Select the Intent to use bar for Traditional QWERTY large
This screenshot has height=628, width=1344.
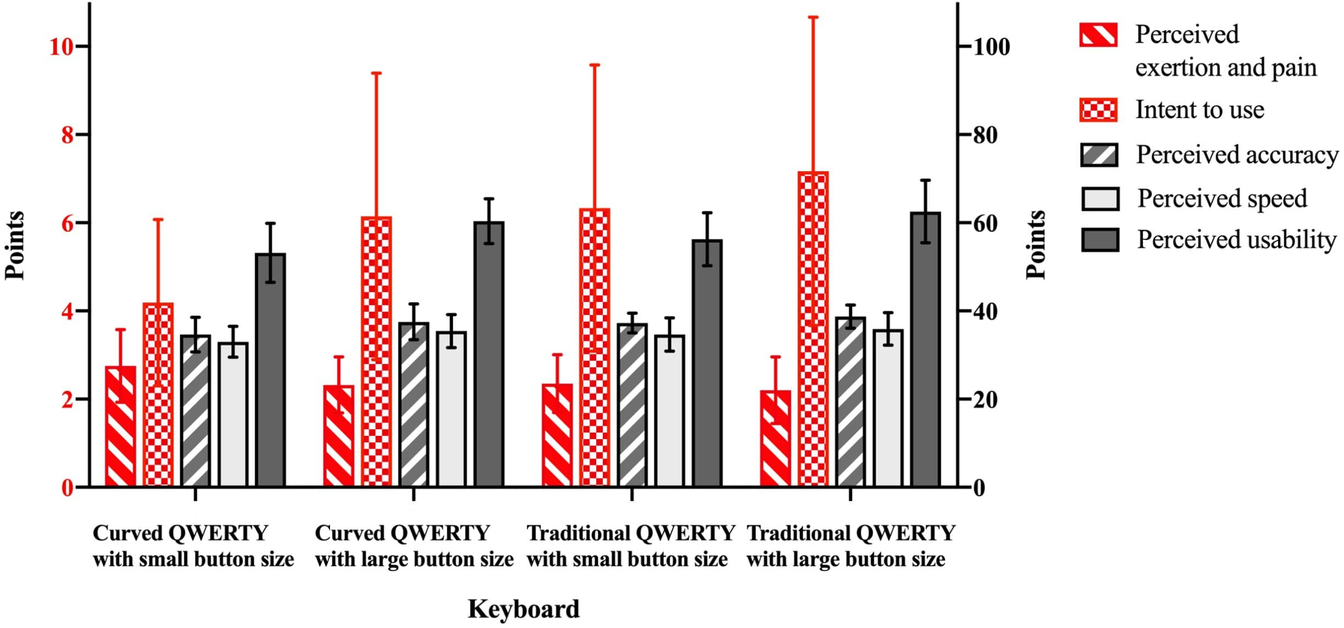tap(813, 329)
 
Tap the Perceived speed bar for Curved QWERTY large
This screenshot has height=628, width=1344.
tap(451, 409)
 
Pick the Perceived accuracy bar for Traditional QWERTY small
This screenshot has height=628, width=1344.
tap(632, 406)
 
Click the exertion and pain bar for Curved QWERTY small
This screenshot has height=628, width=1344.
tap(121, 427)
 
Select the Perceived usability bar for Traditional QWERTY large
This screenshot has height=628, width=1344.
tap(925, 349)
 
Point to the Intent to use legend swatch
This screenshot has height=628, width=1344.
tap(1099, 109)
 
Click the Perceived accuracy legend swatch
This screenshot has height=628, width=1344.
tap(1099, 155)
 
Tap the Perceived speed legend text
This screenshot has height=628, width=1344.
tap(1222, 199)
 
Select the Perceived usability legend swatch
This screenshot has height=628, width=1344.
tap(1099, 240)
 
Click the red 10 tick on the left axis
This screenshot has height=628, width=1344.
tap(60, 47)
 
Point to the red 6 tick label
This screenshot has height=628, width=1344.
tap(67, 224)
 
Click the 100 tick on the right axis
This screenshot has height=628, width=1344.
tap(991, 47)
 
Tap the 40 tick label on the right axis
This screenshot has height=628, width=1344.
tap(985, 312)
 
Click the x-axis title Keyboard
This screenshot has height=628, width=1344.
tap(523, 609)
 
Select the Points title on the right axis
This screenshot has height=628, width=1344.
tap(1036, 244)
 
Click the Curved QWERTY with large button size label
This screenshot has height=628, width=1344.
tap(413, 546)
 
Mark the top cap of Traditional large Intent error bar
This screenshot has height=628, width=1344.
tap(813, 17)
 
